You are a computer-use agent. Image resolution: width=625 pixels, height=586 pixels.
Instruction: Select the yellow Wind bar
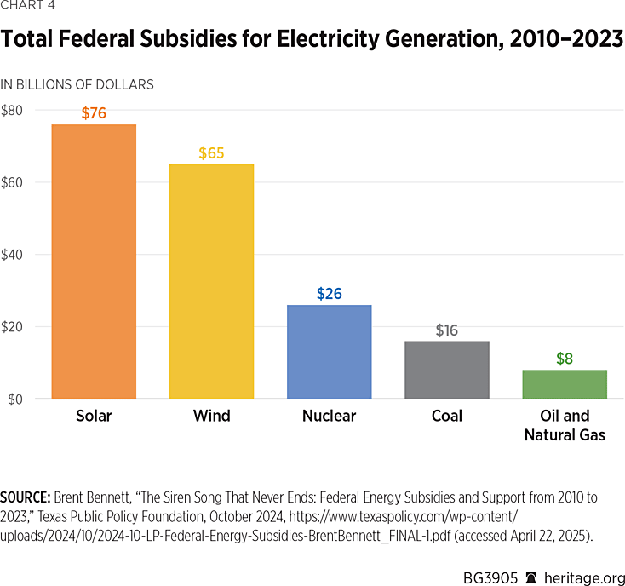click(211, 281)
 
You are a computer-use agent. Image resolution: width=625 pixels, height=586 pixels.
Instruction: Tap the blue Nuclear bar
click(329, 352)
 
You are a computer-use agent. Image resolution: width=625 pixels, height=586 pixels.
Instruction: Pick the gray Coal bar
click(447, 370)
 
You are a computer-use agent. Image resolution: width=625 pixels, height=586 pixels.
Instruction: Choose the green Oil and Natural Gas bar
click(565, 384)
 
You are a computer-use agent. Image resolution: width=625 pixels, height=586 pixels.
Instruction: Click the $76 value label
click(94, 112)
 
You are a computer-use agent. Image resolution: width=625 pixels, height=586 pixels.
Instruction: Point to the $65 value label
click(211, 152)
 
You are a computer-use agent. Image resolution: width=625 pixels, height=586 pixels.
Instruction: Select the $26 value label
click(329, 293)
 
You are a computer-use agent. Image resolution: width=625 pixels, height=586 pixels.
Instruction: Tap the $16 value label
click(447, 330)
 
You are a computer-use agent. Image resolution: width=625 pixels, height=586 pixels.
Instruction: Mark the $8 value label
click(565, 359)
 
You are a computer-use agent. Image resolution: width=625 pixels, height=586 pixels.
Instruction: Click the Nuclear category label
click(329, 417)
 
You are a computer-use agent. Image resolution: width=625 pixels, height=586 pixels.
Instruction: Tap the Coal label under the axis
click(447, 417)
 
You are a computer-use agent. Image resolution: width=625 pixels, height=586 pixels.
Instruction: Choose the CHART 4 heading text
click(28, 9)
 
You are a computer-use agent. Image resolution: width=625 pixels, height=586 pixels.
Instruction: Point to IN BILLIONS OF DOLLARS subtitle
click(77, 84)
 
